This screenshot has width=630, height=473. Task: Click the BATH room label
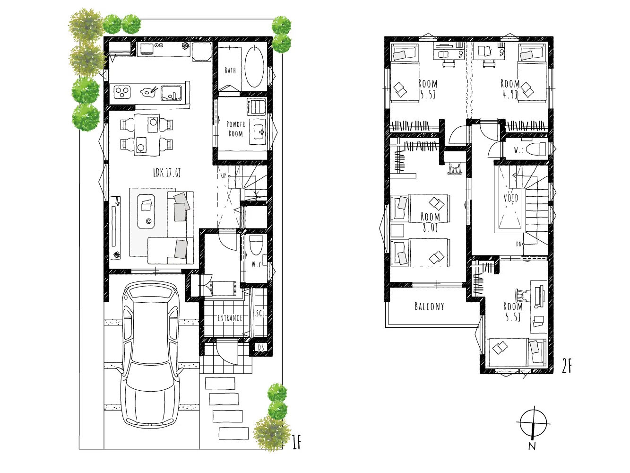click(230, 70)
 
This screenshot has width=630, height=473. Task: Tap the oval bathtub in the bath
click(254, 67)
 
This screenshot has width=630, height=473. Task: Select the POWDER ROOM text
click(236, 129)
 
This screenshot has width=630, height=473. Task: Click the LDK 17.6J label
click(167, 173)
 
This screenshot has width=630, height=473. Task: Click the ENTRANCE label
click(230, 318)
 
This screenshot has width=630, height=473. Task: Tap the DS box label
click(261, 348)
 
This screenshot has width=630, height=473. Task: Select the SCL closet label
click(260, 313)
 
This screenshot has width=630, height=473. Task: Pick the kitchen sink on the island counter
click(172, 93)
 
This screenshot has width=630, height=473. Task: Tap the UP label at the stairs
click(224, 176)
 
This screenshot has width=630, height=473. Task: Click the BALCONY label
click(429, 307)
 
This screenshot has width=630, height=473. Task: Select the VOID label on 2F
click(511, 198)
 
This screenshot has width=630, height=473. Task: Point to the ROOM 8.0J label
click(430, 222)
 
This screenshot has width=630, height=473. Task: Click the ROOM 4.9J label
click(510, 89)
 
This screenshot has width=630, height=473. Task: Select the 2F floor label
click(567, 367)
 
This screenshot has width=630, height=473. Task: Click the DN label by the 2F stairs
click(518, 244)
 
